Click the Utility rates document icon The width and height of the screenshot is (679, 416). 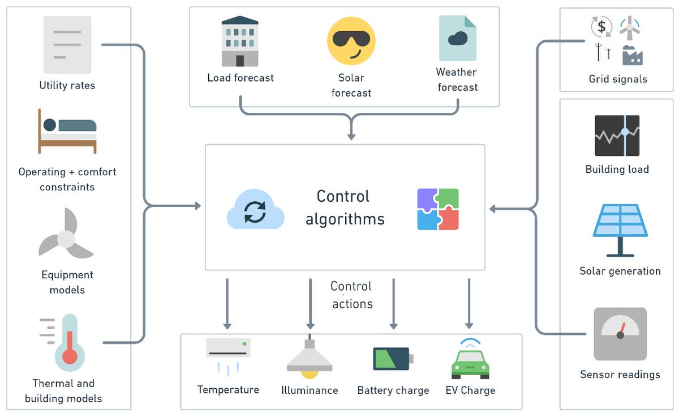point(67,44)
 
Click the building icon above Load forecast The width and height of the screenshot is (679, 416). point(240,41)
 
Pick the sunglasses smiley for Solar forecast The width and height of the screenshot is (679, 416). point(351,41)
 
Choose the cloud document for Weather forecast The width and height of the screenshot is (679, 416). point(457,38)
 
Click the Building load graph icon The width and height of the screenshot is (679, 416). point(617,135)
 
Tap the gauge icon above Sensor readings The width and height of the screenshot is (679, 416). point(620,334)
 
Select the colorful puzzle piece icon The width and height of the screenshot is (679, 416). point(438,209)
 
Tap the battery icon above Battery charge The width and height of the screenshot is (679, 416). point(393,359)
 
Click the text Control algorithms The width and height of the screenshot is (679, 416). point(344,207)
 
